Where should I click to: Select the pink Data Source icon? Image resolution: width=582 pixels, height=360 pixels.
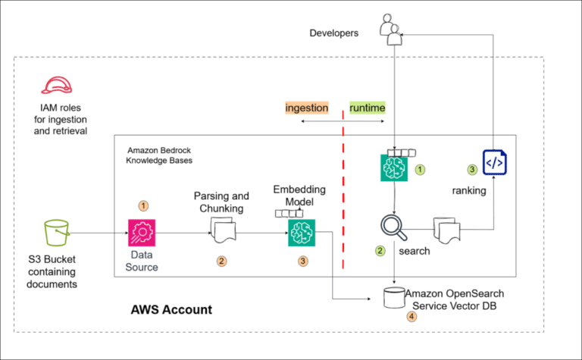pyautogui.click(x=142, y=232)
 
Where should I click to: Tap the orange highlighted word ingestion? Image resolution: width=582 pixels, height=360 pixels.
pyautogui.click(x=306, y=108)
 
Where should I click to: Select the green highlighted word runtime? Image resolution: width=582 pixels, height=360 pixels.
pyautogui.click(x=367, y=108)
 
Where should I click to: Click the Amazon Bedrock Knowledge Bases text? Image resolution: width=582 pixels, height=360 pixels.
pyautogui.click(x=161, y=155)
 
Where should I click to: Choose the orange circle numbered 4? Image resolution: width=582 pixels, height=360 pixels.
pyautogui.click(x=411, y=317)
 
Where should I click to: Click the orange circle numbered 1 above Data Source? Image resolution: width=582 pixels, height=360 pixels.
pyautogui.click(x=141, y=205)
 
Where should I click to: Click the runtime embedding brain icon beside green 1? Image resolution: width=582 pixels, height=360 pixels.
pyautogui.click(x=395, y=167)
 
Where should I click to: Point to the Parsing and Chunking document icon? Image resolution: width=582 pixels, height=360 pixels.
pyautogui.click(x=222, y=230)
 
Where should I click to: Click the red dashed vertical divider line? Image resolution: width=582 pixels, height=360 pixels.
pyautogui.click(x=343, y=189)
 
